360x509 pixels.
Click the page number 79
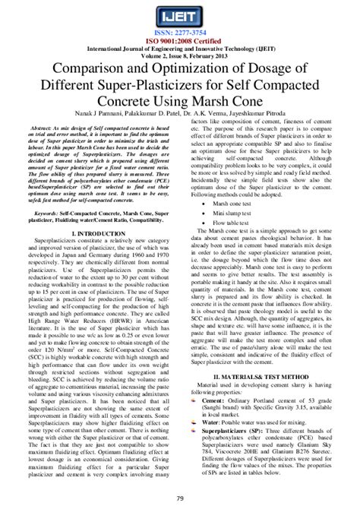180,498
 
